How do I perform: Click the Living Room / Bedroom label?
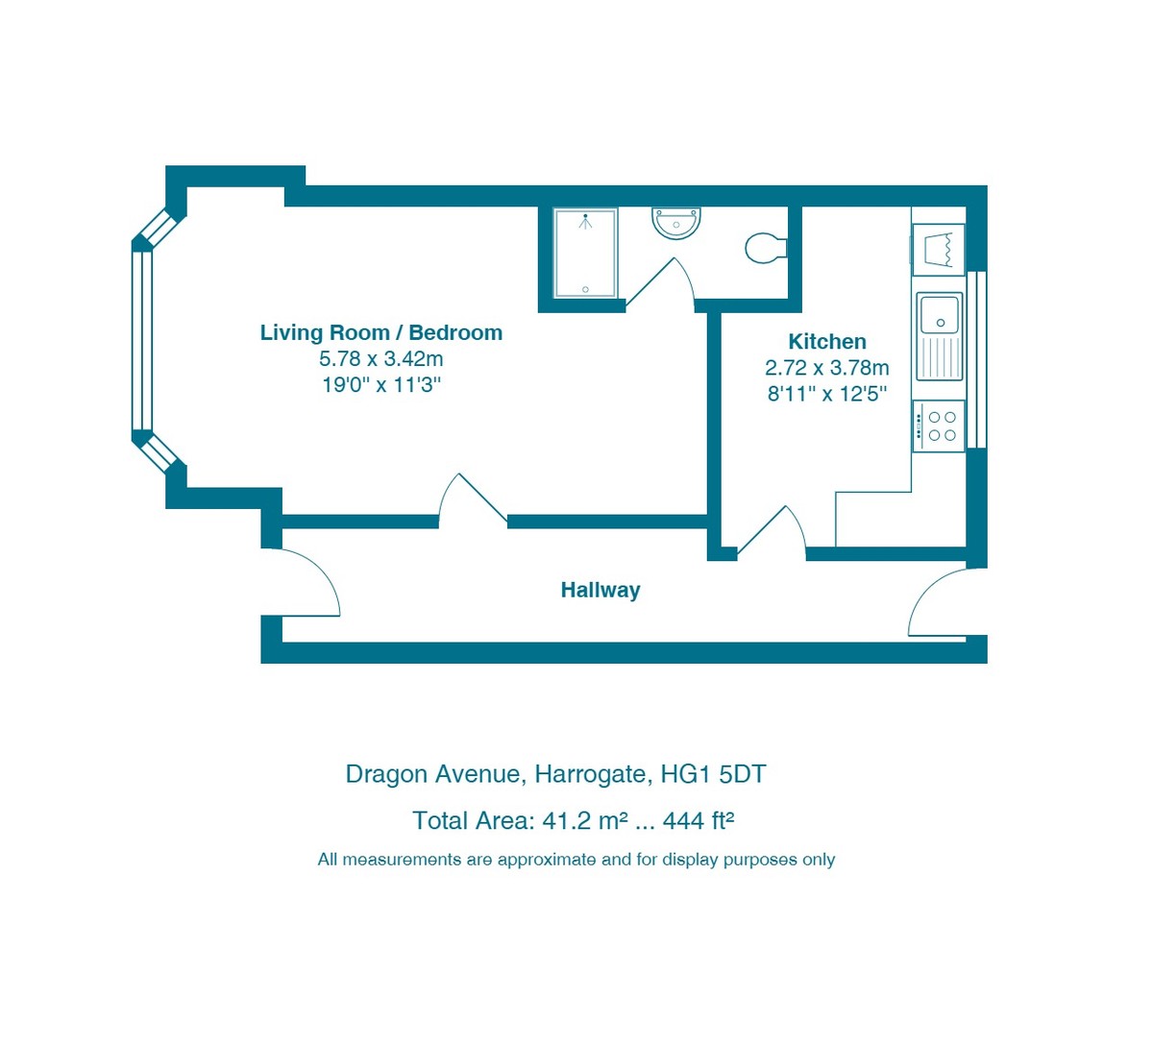point(380,332)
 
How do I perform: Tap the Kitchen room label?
point(826,341)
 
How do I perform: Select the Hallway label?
point(600,590)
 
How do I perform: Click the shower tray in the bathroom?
point(585,254)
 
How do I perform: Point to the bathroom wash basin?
point(676,223)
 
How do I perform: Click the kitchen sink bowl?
point(939,314)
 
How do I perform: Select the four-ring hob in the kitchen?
point(939,426)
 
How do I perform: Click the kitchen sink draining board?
point(940,357)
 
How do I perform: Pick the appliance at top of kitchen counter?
point(938,250)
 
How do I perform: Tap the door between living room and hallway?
point(472,501)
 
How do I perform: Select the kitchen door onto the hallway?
point(773,532)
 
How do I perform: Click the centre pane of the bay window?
point(142,340)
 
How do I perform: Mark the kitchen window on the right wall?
point(976,359)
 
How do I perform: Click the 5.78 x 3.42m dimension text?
point(380,359)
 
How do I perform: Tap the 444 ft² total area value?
point(699,821)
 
